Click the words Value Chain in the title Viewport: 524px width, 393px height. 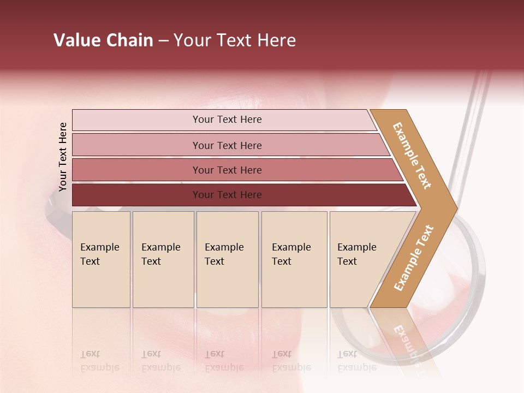[103, 40]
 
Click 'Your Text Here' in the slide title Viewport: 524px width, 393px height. [235, 40]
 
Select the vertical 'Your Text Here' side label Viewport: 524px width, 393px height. [63, 157]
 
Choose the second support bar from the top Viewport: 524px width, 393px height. [227, 145]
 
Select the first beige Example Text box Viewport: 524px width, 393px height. [101, 259]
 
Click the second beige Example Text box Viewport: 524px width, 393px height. [163, 259]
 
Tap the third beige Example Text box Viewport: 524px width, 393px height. [227, 259]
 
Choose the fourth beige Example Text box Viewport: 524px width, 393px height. [294, 259]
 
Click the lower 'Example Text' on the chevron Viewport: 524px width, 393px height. [414, 258]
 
